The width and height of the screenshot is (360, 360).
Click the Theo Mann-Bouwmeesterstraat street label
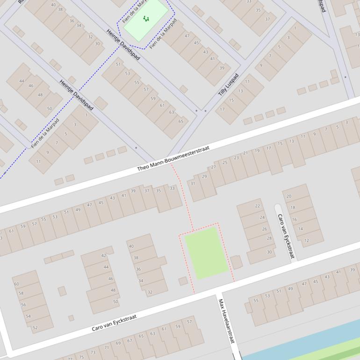[x=173, y=158]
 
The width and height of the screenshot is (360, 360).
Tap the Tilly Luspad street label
[x=228, y=85]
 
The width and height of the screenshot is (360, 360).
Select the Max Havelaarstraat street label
[x=225, y=321]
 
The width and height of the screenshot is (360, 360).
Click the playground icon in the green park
[x=146, y=19]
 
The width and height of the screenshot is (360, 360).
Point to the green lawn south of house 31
[x=206, y=252]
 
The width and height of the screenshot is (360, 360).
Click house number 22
[x=258, y=206]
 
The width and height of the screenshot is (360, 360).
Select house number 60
[x=16, y=284]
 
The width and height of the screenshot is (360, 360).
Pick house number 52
[x=35, y=328]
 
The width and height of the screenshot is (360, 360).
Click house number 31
[x=193, y=183]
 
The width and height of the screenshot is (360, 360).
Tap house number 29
[x=204, y=176]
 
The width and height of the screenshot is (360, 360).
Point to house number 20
[x=289, y=196]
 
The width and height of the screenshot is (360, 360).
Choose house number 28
[x=269, y=238]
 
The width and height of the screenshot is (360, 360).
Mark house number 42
[x=104, y=255]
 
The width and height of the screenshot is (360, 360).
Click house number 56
[x=24, y=304]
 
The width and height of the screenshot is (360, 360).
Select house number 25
[x=225, y=162]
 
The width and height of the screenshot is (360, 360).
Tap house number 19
[x=257, y=151]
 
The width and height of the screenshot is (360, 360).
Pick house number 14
[x=301, y=229]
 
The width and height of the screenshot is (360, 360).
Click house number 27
[x=214, y=167]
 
